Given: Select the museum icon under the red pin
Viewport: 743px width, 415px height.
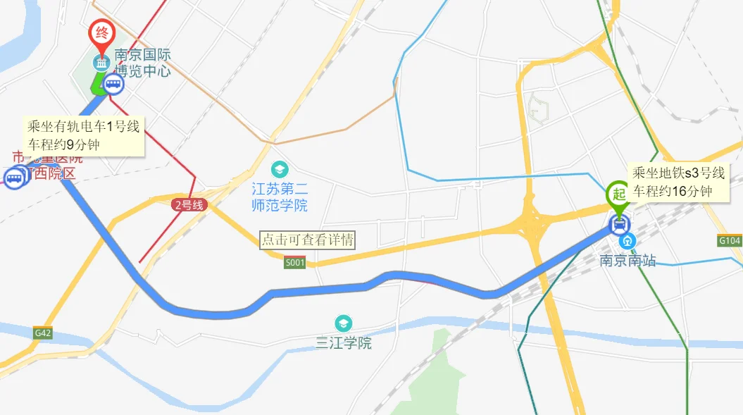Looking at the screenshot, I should click(x=102, y=63).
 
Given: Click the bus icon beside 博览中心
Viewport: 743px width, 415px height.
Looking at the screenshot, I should click(x=113, y=85).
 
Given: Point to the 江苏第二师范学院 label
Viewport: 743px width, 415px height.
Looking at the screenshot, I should click(x=280, y=197).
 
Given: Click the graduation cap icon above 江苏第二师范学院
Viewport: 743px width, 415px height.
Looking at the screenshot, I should click(x=280, y=170).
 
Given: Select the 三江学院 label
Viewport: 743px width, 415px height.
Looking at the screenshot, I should click(x=343, y=343).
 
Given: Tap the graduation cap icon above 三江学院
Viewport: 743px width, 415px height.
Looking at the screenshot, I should click(x=343, y=323).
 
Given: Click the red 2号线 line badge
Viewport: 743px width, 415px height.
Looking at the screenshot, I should click(x=189, y=205).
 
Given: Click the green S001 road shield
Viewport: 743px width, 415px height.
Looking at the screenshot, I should click(x=295, y=263).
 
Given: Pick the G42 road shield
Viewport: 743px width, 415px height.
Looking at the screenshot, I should click(x=42, y=332).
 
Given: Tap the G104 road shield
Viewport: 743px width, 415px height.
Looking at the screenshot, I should click(x=730, y=241).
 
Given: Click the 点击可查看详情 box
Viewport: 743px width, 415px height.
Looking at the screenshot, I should click(x=307, y=240).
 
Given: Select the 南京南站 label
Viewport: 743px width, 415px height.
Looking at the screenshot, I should click(x=628, y=261).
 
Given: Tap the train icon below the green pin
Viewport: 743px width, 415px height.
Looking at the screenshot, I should click(x=619, y=225).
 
